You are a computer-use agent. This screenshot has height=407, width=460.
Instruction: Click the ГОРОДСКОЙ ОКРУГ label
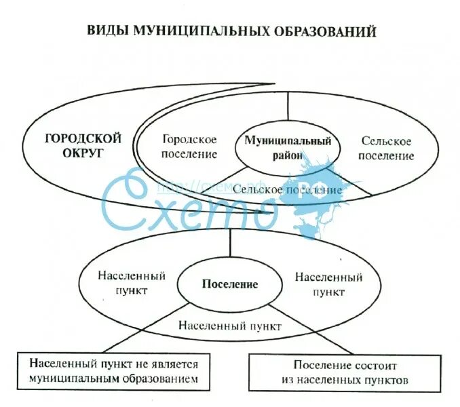click(83, 146)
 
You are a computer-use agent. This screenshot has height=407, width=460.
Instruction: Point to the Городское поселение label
click(190, 147)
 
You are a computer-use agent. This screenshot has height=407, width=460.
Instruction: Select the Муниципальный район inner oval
click(288, 148)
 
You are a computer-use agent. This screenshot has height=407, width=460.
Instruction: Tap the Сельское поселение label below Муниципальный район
click(287, 190)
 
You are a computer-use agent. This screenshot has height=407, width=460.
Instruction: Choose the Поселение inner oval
click(230, 284)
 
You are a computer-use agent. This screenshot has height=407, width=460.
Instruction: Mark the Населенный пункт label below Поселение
click(230, 325)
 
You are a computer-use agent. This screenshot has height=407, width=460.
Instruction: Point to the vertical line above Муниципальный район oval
click(288, 109)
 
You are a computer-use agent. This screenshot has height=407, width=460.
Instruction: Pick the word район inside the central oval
click(288, 155)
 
